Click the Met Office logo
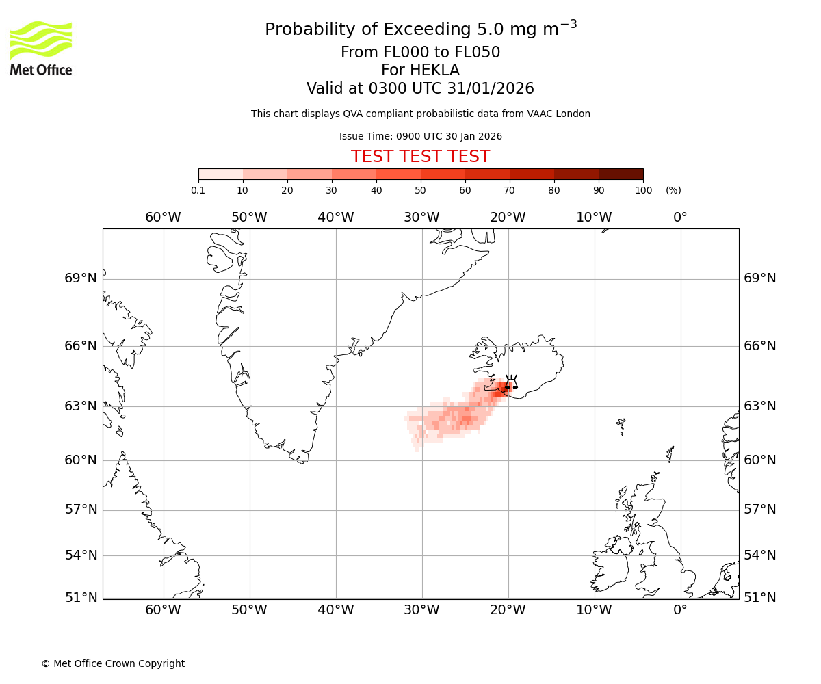coord(41,48)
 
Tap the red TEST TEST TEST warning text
coord(420,157)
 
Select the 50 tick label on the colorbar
coord(420,190)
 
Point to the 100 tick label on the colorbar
coord(643,190)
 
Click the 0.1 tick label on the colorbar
coord(198,190)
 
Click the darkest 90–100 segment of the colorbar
coord(621,174)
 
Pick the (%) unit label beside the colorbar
coord(673,190)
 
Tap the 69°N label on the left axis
coord(81,278)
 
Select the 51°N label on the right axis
coord(760,598)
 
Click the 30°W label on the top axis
coord(421,218)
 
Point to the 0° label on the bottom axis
coord(680,610)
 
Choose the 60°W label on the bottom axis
coord(163,610)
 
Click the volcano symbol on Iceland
coord(510,382)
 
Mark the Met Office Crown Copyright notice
coord(113,663)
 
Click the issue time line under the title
coord(420,136)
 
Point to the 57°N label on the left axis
coord(81,510)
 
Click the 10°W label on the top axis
coord(594,218)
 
